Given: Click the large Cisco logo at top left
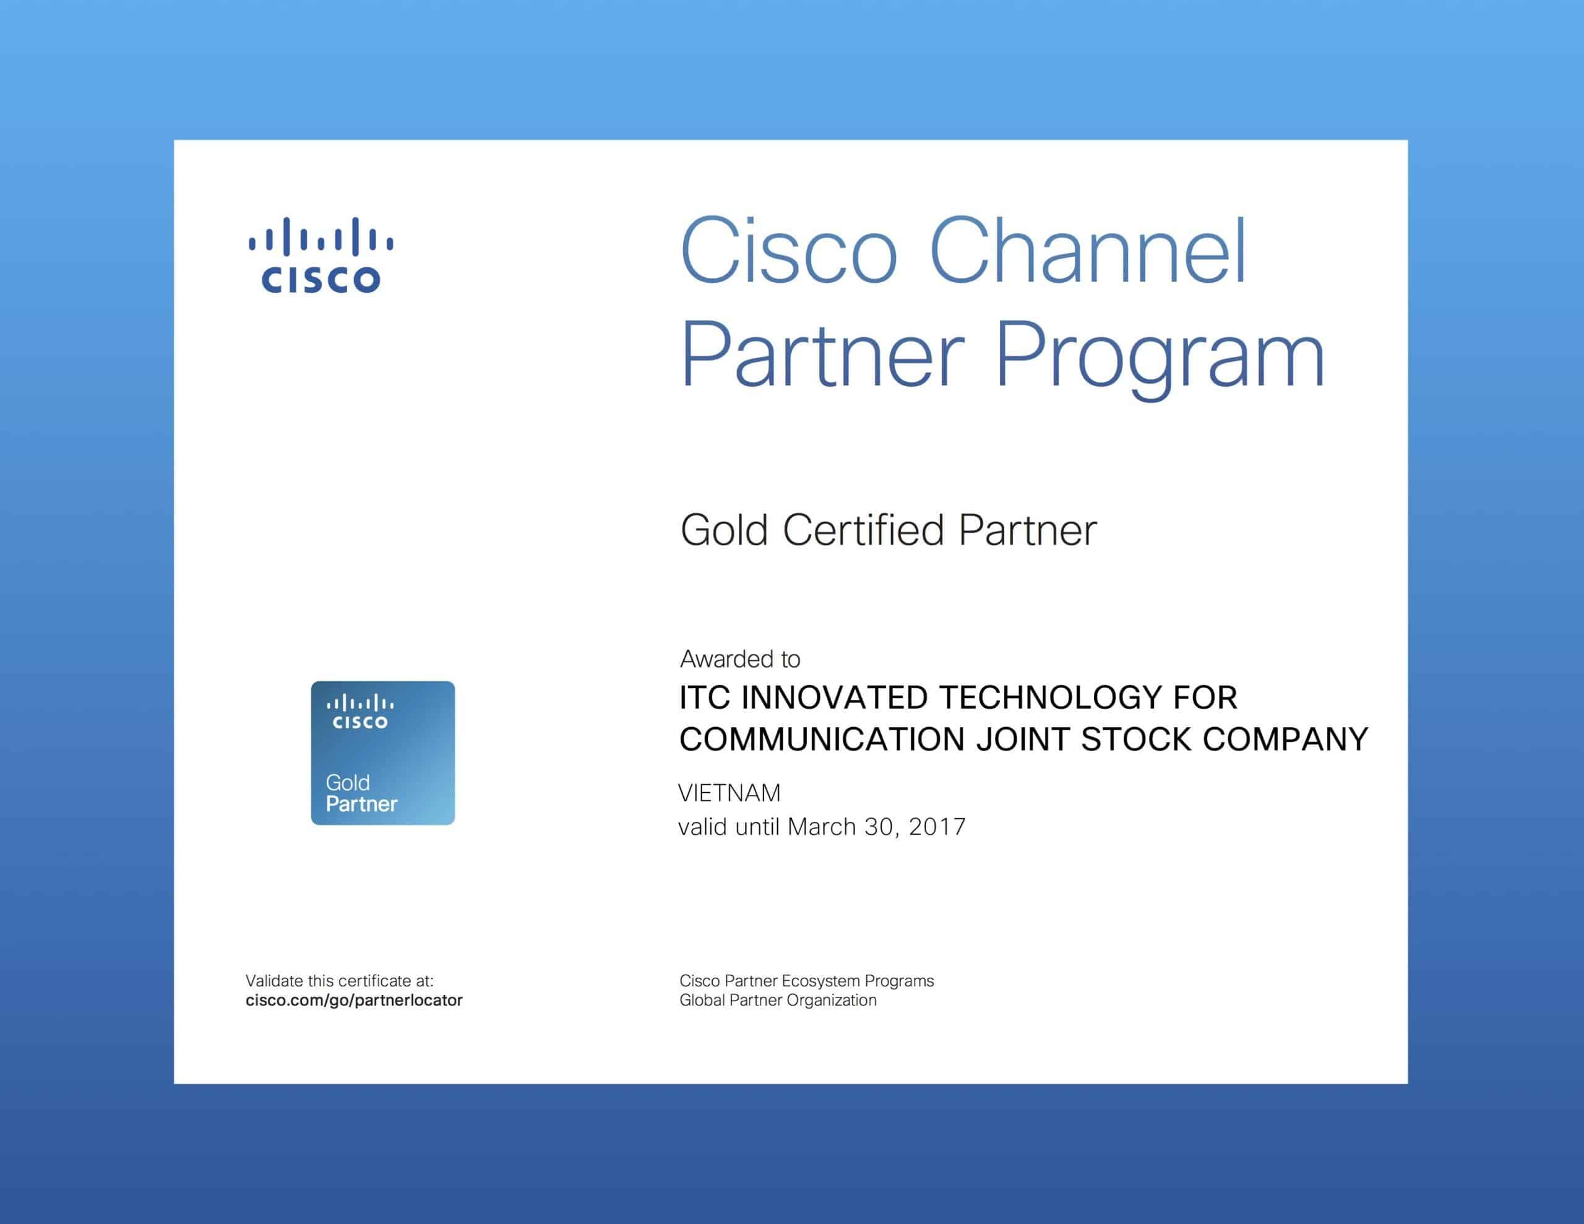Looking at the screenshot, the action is (x=321, y=255).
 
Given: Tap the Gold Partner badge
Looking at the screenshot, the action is (x=383, y=752).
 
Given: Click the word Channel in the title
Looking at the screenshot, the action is (x=1087, y=251).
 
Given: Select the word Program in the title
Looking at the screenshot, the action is (x=1160, y=356).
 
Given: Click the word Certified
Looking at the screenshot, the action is (x=863, y=530).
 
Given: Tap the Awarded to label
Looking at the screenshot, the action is (x=740, y=659).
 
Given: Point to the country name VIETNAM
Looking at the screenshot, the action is (x=730, y=793).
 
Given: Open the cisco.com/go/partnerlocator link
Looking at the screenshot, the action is (x=354, y=1001).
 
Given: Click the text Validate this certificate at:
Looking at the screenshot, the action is (x=340, y=981).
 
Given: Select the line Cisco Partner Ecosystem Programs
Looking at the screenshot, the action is (x=806, y=981).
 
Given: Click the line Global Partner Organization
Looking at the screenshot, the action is (x=778, y=1001).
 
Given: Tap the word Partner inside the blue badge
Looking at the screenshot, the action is (x=361, y=804).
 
